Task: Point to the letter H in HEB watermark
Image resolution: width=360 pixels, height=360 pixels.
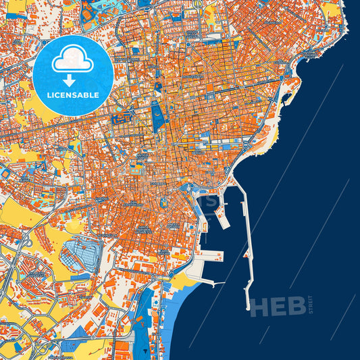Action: click(259, 307)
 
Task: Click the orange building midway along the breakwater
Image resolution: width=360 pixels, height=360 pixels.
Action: click(247, 236)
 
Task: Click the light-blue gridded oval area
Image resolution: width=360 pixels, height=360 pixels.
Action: click(80, 256)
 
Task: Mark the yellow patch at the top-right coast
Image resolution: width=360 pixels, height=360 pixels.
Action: click(331, 9)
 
